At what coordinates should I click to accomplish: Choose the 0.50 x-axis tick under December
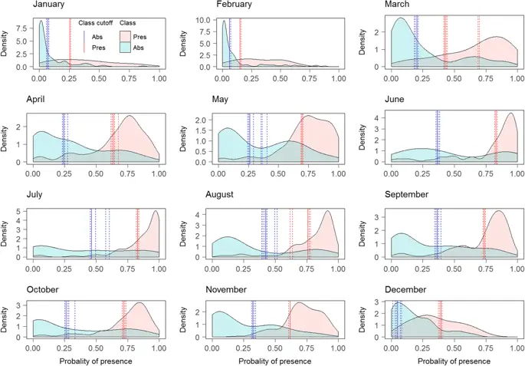pos(454,348)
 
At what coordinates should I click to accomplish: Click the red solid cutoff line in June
pos(496,138)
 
